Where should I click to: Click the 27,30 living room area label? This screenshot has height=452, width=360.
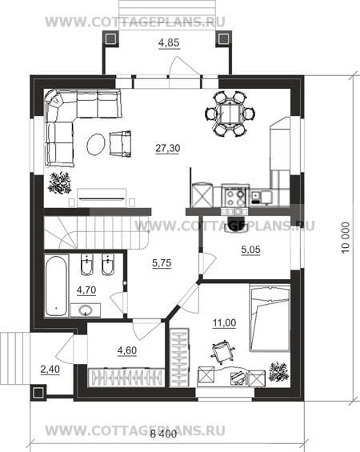168,148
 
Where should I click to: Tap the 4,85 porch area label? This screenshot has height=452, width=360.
169,42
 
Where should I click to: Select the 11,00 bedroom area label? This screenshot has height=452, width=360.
224,323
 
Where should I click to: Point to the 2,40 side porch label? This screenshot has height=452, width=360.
50,369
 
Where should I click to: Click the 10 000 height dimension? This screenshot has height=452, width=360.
346,238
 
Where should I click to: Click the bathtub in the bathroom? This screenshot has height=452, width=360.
57,286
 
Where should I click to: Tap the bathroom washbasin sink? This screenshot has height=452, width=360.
86,310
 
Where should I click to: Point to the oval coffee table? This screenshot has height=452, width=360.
95,145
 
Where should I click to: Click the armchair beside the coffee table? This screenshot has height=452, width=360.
120,144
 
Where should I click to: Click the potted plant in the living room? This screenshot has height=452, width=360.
60,183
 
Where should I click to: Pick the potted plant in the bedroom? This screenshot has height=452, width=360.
278,372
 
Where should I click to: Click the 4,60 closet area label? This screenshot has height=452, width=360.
127,350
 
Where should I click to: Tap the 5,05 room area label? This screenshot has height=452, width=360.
250,250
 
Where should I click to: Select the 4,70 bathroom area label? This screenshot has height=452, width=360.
86,290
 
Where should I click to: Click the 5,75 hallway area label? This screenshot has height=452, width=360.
162,263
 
